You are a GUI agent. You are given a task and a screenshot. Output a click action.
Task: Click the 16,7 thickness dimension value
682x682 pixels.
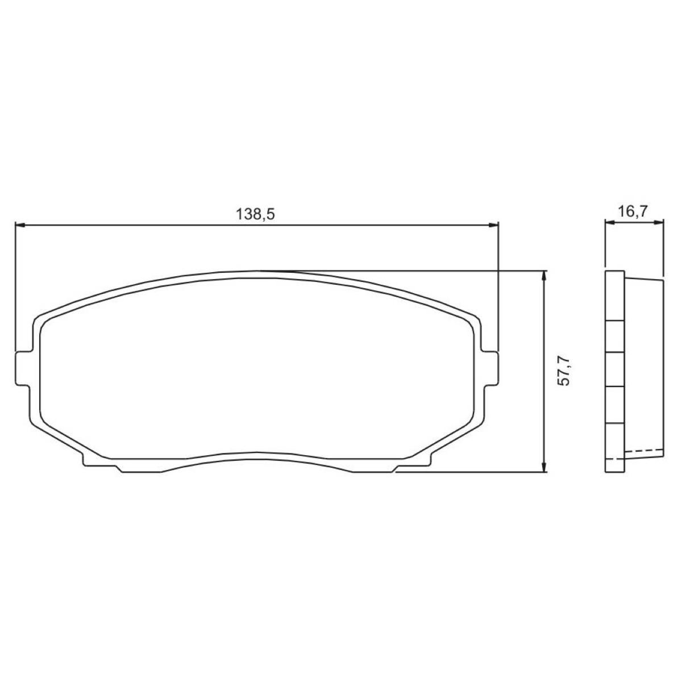(633, 212)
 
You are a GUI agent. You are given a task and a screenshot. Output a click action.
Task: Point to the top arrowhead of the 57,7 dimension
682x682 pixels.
(544, 275)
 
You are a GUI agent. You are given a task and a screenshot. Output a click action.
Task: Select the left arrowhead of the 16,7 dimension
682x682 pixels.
(609, 223)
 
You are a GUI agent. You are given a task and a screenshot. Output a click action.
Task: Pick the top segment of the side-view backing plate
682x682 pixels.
(615, 296)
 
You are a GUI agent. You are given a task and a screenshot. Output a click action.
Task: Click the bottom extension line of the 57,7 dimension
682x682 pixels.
(472, 472)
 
